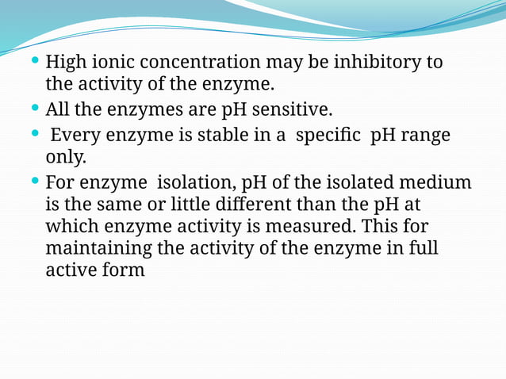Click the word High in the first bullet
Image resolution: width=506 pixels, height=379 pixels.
click(64, 63)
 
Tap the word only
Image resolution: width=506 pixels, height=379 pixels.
click(66, 157)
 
